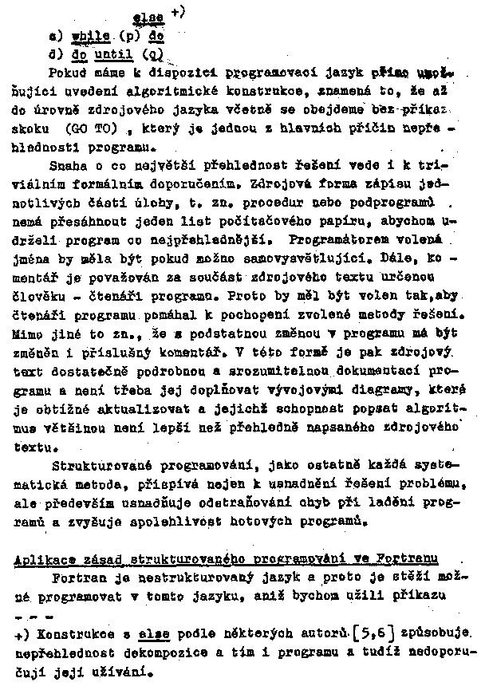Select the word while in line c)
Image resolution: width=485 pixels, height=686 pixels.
(x=89, y=37)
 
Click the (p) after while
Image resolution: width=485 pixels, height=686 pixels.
(x=130, y=37)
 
